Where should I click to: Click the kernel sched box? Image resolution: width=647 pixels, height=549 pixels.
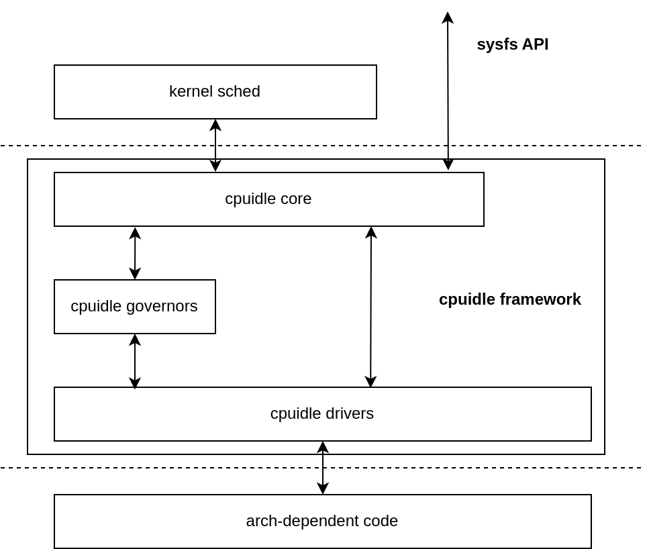point(215,92)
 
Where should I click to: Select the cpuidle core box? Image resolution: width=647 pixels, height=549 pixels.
point(268,199)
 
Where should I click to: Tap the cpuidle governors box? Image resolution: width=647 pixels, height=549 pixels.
point(134,307)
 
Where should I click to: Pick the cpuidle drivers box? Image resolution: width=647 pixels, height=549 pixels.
point(322,414)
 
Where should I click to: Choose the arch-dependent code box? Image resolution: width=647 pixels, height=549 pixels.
point(322,521)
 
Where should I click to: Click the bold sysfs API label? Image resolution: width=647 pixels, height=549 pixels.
point(512,44)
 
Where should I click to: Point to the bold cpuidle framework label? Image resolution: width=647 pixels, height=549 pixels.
point(509,299)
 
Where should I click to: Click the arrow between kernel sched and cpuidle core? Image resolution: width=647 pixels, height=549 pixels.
point(215,145)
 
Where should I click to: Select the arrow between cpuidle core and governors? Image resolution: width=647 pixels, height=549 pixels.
point(135,253)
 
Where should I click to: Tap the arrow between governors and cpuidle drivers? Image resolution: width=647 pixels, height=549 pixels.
point(135,361)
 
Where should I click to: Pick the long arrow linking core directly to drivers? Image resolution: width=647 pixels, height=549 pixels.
point(371,307)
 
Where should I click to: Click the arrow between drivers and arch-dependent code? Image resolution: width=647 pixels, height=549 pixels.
point(323,468)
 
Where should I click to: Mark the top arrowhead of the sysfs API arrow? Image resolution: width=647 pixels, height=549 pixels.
point(448,17)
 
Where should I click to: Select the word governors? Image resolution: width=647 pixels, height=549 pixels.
point(164,306)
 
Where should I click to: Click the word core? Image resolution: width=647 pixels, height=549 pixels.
point(296,199)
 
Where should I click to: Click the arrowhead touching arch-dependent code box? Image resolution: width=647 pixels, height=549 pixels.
point(323,489)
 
